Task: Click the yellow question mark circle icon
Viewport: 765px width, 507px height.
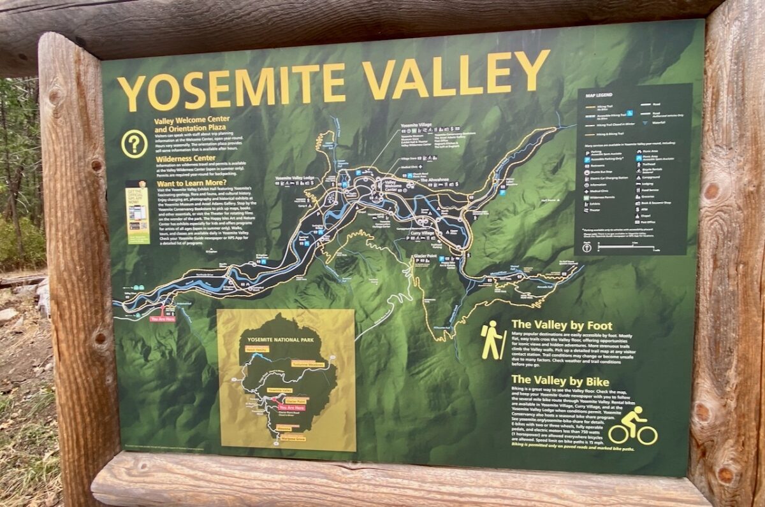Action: click(x=135, y=143)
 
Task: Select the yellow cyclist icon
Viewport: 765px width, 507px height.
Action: click(x=632, y=427)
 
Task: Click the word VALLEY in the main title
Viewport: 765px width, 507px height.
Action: click(x=456, y=75)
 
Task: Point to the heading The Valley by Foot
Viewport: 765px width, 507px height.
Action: click(x=562, y=324)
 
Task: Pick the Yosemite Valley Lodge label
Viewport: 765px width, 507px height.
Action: click(x=294, y=178)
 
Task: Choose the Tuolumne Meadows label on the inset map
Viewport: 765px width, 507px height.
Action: click(x=309, y=363)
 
